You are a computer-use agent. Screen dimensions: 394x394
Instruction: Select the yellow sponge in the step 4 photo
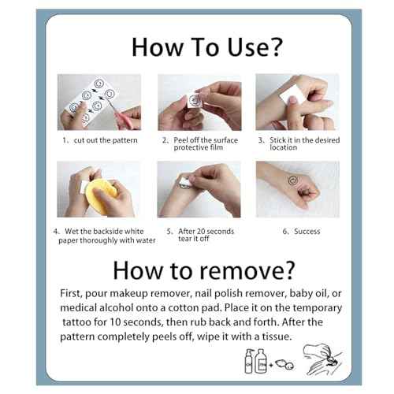click(101, 195)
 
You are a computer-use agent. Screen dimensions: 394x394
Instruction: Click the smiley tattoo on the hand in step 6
click(292, 180)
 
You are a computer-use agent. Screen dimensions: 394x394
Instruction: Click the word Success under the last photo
click(307, 232)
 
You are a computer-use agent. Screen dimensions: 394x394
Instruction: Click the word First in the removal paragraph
click(71, 293)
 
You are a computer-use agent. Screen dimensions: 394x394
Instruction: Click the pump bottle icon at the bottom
click(249, 361)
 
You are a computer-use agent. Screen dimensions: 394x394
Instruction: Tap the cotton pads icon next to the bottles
click(284, 365)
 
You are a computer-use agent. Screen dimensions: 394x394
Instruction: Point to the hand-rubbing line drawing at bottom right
click(322, 360)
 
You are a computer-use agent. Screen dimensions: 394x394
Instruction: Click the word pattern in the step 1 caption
click(125, 140)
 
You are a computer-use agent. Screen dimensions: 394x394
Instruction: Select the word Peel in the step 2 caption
click(180, 140)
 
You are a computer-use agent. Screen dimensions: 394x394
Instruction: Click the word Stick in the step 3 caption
click(278, 140)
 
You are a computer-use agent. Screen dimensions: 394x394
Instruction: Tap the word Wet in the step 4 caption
click(72, 232)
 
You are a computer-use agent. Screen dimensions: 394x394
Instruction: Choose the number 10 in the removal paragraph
click(114, 322)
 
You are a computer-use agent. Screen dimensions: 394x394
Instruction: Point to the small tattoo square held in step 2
click(194, 100)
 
